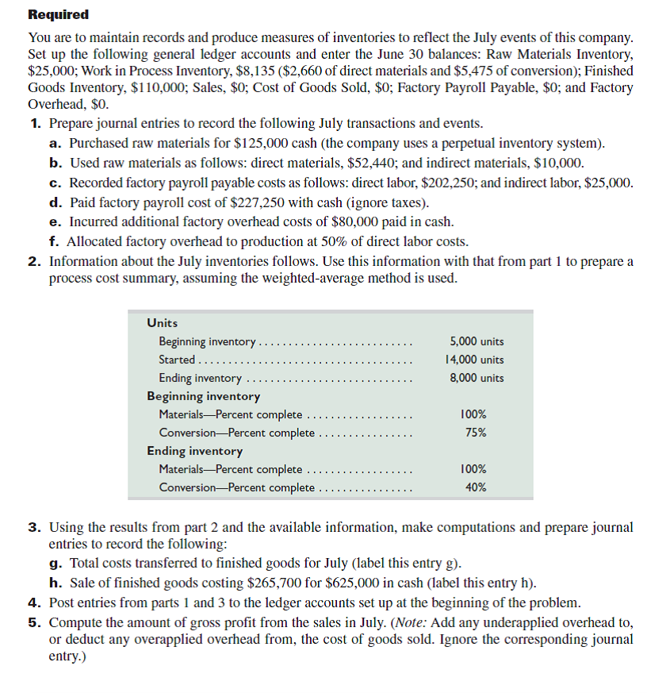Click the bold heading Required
click(x=58, y=15)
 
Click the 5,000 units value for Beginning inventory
click(x=476, y=341)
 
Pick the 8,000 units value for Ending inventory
click(x=476, y=378)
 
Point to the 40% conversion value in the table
click(x=475, y=487)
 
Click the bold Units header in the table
click(x=163, y=323)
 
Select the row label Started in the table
click(x=177, y=360)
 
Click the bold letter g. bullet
click(x=55, y=564)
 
